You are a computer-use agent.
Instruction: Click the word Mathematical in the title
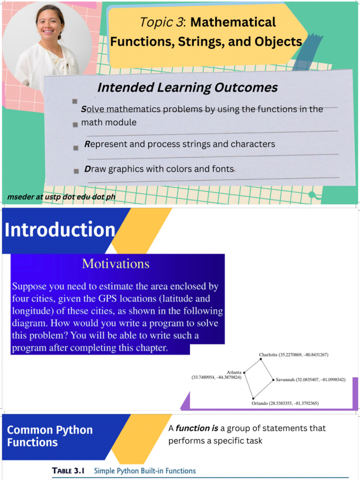click(x=233, y=22)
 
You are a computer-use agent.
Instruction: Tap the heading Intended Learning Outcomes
click(x=187, y=88)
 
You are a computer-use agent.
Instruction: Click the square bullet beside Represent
click(x=76, y=148)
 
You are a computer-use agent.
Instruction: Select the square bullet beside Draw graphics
click(x=76, y=172)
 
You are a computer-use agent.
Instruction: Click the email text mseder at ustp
click(x=61, y=197)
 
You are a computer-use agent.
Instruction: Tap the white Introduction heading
click(x=60, y=230)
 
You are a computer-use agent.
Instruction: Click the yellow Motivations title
click(x=116, y=264)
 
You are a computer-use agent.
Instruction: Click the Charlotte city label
click(x=269, y=355)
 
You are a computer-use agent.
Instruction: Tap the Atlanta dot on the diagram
click(x=244, y=373)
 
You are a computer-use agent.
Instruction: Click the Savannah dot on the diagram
click(x=273, y=380)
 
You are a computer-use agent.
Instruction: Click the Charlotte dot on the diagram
click(x=261, y=360)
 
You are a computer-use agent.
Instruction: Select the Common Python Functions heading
click(x=50, y=436)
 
